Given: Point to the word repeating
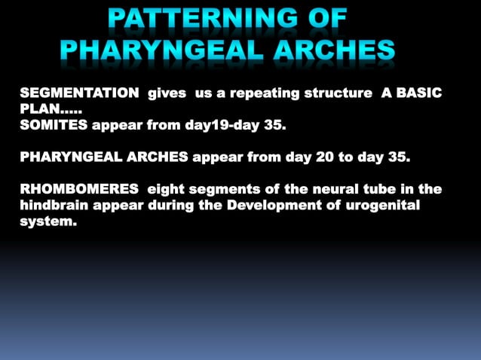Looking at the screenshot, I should tap(257, 93).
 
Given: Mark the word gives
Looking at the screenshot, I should tap(167, 93).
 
